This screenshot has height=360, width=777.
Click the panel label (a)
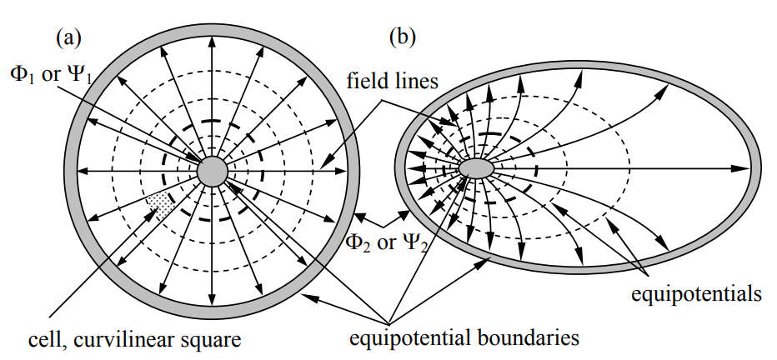[68, 37]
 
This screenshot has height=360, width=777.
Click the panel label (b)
[404, 37]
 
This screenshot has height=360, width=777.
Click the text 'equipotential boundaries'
[464, 338]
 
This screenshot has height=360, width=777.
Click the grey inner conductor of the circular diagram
[213, 171]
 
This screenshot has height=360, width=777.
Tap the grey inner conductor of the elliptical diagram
[477, 168]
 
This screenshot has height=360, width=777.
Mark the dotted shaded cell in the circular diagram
[160, 204]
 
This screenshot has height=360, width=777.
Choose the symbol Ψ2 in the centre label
[422, 244]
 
